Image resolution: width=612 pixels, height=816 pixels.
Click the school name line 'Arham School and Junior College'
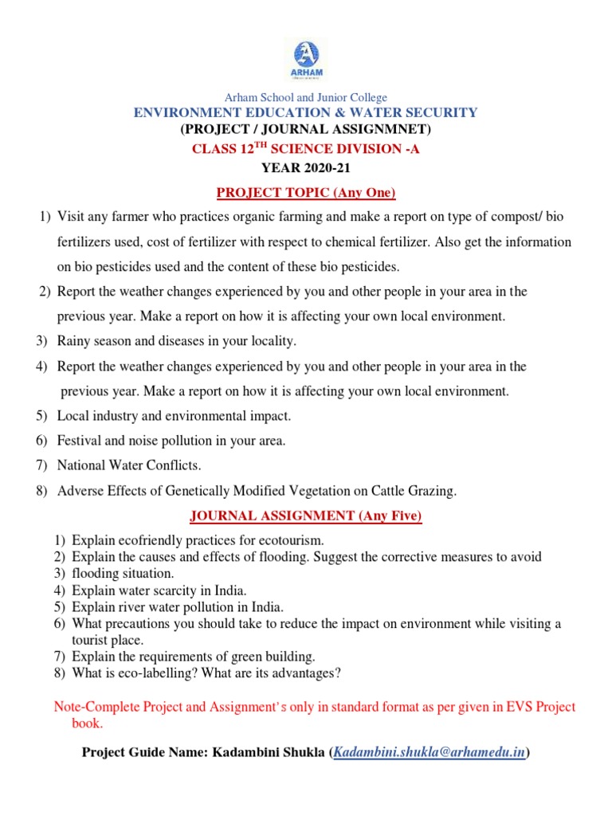[305, 97]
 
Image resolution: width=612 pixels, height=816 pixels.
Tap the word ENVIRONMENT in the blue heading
[187, 112]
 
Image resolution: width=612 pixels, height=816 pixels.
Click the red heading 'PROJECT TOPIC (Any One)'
[306, 193]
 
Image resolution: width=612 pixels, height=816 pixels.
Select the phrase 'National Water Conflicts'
[129, 465]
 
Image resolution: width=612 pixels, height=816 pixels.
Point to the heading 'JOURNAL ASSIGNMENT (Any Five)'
[305, 516]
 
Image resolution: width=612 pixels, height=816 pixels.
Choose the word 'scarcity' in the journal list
[163, 590]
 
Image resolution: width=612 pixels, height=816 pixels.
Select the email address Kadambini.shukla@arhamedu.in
[430, 751]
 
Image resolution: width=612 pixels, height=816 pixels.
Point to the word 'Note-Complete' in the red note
[91, 707]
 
